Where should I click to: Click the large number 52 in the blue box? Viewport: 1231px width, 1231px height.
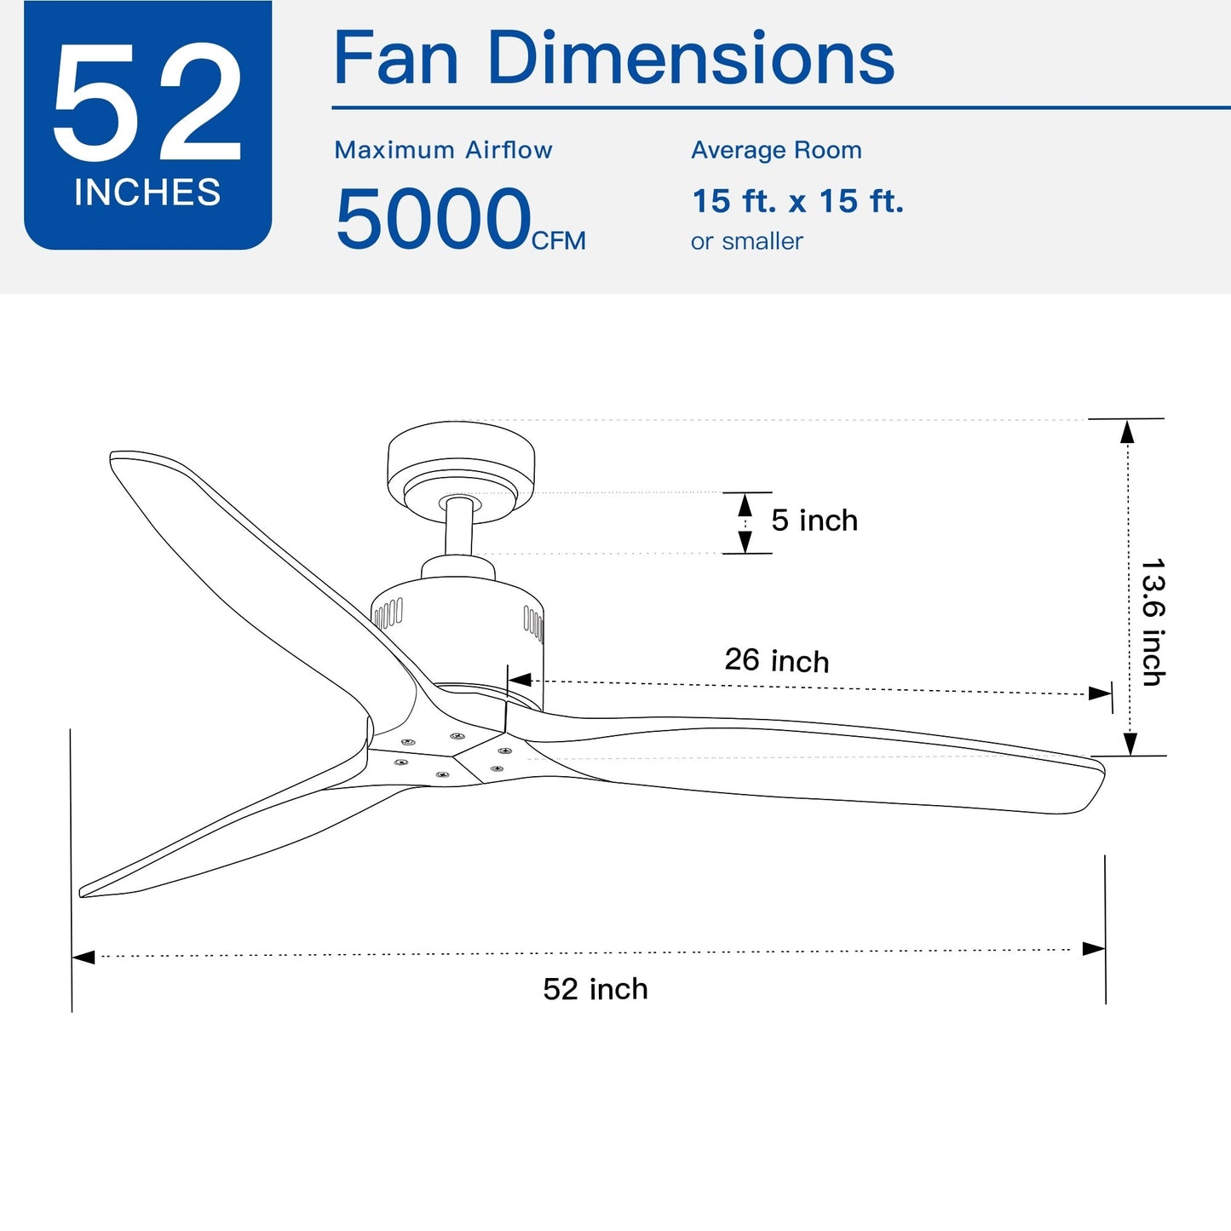(147, 102)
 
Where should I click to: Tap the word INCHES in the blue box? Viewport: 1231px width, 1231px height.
(147, 193)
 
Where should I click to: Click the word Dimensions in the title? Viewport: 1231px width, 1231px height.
(690, 59)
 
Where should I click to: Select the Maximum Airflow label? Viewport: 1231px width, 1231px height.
(443, 150)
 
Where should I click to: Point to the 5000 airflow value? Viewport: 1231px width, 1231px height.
(433, 220)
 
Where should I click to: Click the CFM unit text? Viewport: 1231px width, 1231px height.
(558, 241)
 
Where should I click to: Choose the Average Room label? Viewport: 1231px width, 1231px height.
(776, 150)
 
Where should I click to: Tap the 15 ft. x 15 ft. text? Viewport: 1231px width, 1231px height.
(797, 202)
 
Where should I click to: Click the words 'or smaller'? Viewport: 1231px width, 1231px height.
(746, 242)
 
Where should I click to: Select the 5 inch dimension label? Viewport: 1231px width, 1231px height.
(814, 521)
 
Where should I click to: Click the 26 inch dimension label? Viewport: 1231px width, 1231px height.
(776, 660)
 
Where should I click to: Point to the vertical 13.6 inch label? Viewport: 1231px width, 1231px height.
(1153, 622)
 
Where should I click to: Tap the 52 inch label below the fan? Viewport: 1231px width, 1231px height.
(595, 989)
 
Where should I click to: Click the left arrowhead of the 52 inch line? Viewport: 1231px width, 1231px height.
(83, 957)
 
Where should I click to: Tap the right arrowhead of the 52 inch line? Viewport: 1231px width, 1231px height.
(1094, 949)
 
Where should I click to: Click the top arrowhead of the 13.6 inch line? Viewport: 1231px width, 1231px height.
(1127, 432)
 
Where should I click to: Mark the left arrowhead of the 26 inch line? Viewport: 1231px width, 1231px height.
(520, 680)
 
